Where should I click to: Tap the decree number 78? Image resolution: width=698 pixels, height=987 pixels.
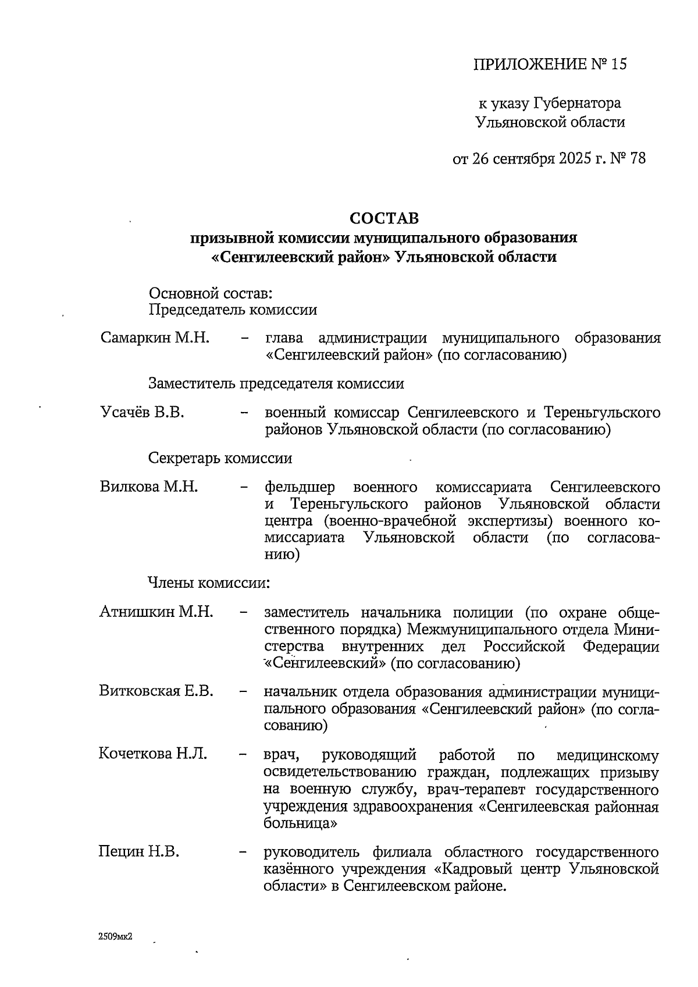[637, 158]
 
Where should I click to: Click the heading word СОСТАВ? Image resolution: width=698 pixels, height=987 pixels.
[384, 218]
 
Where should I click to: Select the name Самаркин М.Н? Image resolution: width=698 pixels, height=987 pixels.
[155, 338]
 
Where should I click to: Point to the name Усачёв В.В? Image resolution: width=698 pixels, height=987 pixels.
[143, 413]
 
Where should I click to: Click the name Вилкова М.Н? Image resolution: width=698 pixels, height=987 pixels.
[149, 487]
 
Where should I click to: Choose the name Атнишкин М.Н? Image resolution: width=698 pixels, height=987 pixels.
[156, 612]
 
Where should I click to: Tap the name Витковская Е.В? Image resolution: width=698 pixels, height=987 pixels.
[156, 691]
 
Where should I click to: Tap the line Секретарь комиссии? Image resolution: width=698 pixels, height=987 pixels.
[220, 458]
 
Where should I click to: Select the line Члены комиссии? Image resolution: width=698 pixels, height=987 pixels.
[209, 583]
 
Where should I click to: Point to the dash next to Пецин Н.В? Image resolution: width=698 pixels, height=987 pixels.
[244, 853]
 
